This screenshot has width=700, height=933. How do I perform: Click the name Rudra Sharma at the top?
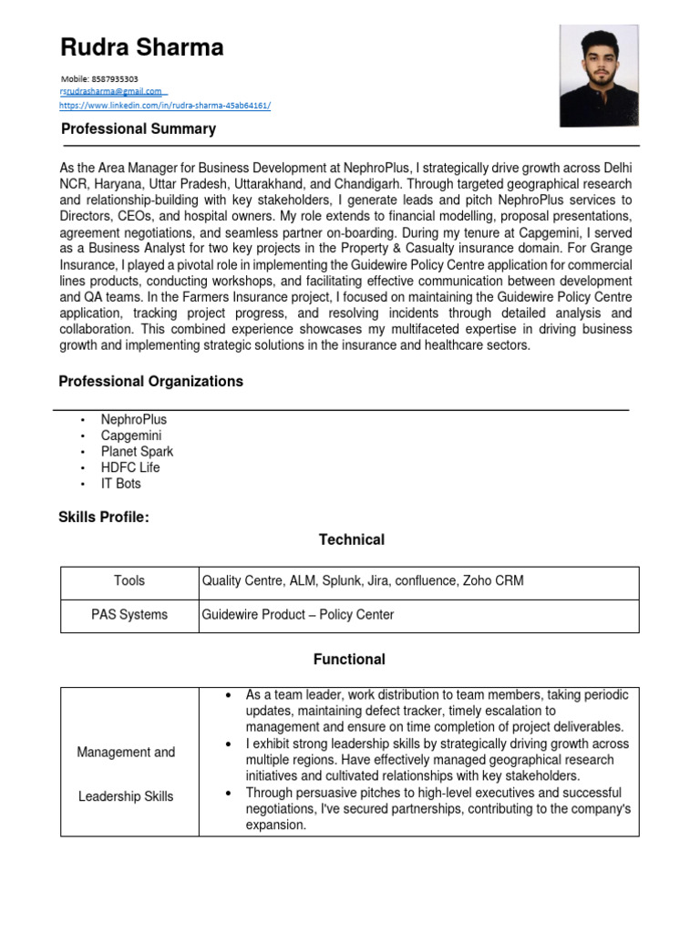tap(141, 46)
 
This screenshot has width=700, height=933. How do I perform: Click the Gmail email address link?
tap(111, 91)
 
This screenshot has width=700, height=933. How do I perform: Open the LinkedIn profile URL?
tap(165, 105)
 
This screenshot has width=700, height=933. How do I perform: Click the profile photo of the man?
tap(598, 75)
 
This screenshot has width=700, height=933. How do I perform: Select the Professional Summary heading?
tap(139, 129)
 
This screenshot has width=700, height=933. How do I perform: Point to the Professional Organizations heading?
tap(150, 382)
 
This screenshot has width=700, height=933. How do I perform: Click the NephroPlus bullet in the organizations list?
tap(134, 419)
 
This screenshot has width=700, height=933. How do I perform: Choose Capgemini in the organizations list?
tap(131, 436)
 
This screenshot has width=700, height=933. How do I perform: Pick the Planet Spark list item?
tap(137, 452)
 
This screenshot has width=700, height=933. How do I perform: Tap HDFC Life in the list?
tap(130, 467)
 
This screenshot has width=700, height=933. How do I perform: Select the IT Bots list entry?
tap(121, 484)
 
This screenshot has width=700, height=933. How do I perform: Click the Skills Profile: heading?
tap(103, 518)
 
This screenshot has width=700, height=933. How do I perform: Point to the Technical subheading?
tap(351, 540)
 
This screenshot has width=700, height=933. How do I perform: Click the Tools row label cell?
tap(129, 581)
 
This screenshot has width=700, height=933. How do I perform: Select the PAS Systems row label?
tap(129, 615)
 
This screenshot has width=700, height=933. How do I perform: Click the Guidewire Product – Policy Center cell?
tap(298, 615)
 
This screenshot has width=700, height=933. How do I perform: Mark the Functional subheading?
tap(349, 660)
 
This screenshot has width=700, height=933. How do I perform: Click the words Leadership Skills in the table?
tap(126, 796)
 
